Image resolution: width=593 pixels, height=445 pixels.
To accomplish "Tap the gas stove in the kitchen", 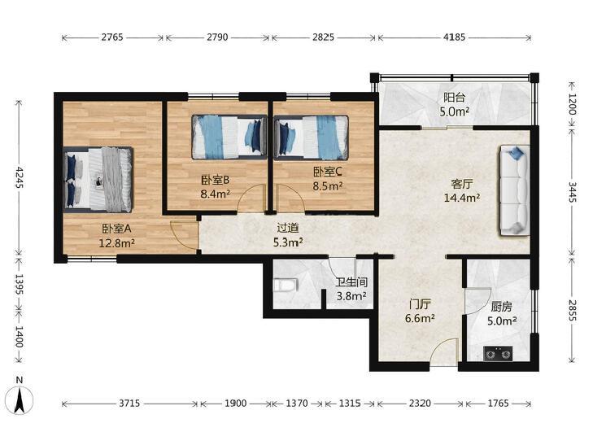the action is [498, 354].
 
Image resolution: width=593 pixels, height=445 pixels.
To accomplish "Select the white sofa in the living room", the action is [514, 191].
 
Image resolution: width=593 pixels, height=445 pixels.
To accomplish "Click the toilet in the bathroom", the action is [286, 286].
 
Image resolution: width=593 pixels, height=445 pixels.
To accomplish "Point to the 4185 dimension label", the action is [455, 37].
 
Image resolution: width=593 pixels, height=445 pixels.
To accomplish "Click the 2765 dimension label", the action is [112, 37].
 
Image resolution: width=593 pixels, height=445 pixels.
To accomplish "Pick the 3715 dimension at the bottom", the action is [129, 403].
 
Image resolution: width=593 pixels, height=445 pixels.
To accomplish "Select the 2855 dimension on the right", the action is [572, 311].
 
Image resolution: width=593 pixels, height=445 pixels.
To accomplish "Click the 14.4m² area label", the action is [462, 197].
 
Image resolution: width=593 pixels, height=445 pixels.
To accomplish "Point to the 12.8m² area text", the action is [117, 242].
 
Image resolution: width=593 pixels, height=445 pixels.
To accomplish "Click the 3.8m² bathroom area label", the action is [351, 296].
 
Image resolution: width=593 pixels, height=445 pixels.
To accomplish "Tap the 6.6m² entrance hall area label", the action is [420, 318].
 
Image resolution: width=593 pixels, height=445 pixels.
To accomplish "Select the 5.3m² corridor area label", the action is [288, 242].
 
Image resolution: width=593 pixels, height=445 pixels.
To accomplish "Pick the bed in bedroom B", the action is [229, 137].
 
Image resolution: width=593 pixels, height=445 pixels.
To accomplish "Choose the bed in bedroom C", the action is [311, 137].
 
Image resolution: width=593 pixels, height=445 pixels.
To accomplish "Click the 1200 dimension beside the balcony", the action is [572, 104].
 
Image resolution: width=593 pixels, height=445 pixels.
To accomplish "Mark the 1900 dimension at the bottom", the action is [236, 403].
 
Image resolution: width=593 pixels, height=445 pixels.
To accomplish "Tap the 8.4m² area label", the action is [216, 194].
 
